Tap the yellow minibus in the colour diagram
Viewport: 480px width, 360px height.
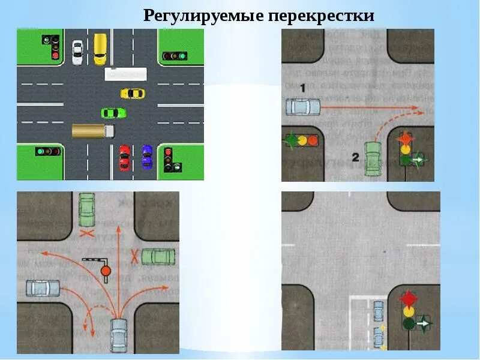click(x=100, y=49)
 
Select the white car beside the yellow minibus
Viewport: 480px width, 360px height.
click(x=77, y=52)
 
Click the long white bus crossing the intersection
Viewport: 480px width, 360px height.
click(x=125, y=74)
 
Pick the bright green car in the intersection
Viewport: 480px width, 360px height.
click(x=113, y=112)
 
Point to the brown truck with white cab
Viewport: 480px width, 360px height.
click(x=93, y=130)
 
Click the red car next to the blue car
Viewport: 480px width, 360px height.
click(x=124, y=157)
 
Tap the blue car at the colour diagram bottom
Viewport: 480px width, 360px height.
click(x=147, y=157)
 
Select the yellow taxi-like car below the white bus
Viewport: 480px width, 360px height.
click(x=132, y=93)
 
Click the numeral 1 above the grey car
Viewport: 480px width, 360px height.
click(x=303, y=88)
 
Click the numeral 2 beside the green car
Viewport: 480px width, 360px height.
click(x=355, y=157)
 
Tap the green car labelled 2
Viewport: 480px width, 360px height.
click(x=373, y=159)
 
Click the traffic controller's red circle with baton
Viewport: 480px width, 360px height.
click(x=106, y=271)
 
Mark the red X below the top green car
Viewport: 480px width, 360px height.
click(x=88, y=231)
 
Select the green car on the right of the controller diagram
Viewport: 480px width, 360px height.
click(x=158, y=257)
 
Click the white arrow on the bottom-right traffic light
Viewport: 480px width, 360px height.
click(x=425, y=323)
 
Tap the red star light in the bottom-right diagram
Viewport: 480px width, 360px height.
click(x=409, y=298)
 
